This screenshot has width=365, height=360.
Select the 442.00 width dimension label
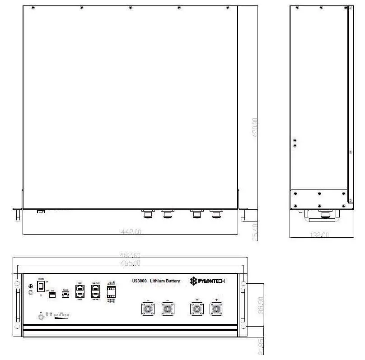point(131,231)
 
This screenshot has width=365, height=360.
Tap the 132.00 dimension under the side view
point(320,235)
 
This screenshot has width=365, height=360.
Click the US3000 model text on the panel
point(140,281)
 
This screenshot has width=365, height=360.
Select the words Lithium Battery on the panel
point(165,281)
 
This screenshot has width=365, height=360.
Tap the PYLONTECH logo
point(207,281)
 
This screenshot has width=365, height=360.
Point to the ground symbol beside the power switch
point(31,286)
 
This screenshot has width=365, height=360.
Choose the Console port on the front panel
point(66,294)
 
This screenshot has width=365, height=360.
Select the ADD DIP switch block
point(52,294)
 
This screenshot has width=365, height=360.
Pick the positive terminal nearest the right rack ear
point(216,309)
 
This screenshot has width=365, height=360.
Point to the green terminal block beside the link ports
point(111,291)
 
